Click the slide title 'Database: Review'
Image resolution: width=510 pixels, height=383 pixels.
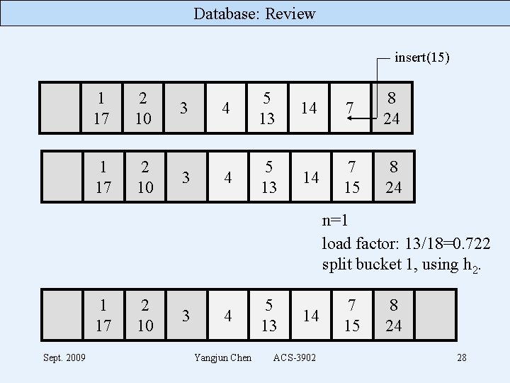(254, 13)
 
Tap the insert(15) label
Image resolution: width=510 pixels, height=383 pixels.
(421, 57)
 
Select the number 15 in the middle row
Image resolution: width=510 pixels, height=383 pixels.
(351, 187)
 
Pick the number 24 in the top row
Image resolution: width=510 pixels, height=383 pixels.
(392, 118)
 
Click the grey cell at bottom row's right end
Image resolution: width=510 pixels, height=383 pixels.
(435, 315)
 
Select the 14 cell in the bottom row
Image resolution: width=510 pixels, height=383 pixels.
(309, 315)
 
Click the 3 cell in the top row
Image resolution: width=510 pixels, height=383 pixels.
(183, 108)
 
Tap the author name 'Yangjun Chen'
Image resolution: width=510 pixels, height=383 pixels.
(222, 357)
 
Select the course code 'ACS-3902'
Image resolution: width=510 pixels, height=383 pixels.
(294, 357)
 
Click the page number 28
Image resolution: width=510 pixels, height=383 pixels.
(461, 357)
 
